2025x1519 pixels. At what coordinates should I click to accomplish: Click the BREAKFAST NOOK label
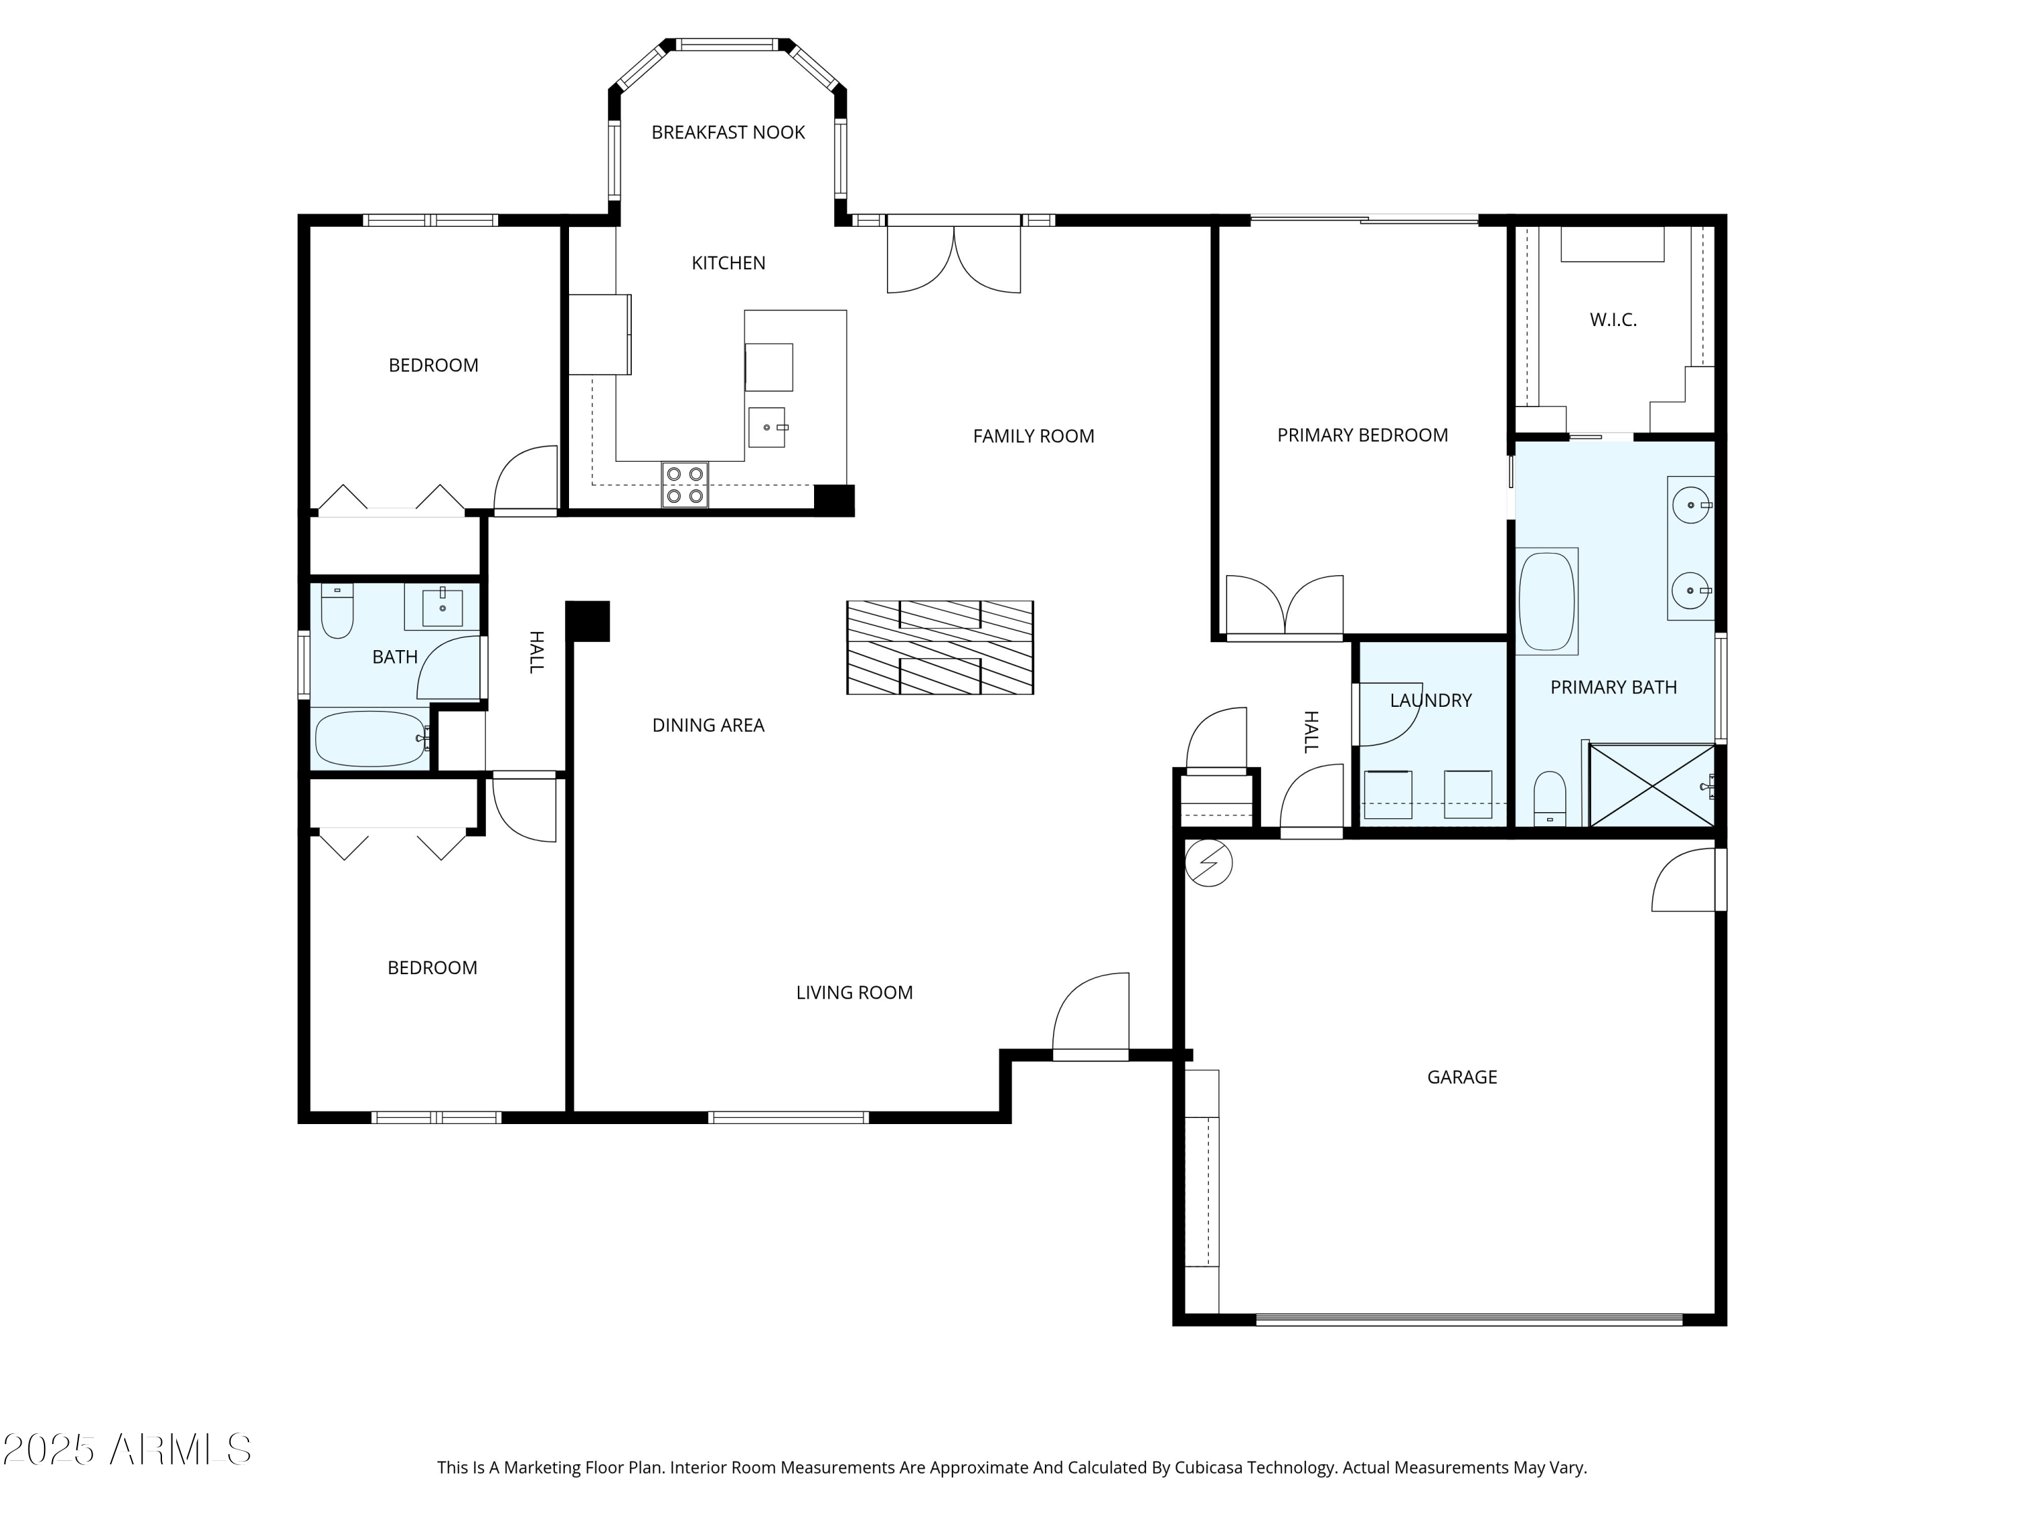[x=728, y=133]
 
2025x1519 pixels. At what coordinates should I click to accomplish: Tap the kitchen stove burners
[x=684, y=484]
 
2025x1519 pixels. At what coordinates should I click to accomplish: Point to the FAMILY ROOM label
[x=1033, y=437]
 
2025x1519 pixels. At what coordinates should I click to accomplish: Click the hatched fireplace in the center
[x=940, y=647]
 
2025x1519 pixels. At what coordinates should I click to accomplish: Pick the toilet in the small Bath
[x=337, y=611]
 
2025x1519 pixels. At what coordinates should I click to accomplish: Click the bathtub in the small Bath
[x=371, y=739]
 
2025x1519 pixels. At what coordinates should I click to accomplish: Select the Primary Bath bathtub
[x=1546, y=602]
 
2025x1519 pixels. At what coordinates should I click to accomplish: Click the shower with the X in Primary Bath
[x=1652, y=787]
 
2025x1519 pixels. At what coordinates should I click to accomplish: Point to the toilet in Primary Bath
[x=1550, y=799]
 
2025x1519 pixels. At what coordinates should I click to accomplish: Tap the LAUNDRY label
[x=1431, y=701]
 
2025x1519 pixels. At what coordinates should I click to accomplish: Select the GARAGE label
[x=1462, y=1077]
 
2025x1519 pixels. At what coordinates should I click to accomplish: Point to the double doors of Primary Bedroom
[x=1285, y=606]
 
